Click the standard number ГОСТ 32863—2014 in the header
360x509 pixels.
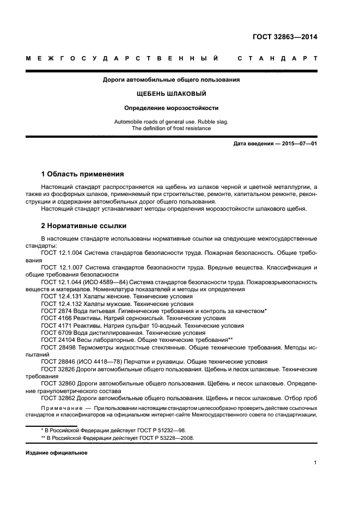(x=285, y=38)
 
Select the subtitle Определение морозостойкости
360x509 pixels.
(x=172, y=108)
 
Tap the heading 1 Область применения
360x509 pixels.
(x=82, y=175)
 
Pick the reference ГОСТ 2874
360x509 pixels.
(x=55, y=310)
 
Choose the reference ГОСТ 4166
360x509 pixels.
(x=55, y=317)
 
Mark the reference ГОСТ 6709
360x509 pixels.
(x=55, y=332)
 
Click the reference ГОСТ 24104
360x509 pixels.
(x=57, y=339)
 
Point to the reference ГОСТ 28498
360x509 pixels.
(x=57, y=346)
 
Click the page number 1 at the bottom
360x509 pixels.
(x=315, y=463)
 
